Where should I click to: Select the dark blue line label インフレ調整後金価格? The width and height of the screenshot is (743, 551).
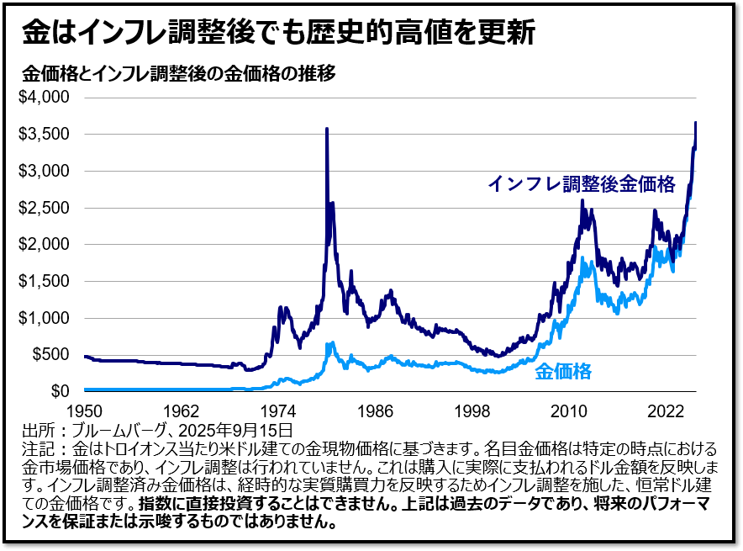pos(582,184)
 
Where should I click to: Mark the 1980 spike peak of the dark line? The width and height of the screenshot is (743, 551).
pos(326,129)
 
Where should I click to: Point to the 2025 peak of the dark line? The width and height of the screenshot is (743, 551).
pos(696,123)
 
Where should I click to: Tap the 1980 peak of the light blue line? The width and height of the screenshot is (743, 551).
pos(331,342)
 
